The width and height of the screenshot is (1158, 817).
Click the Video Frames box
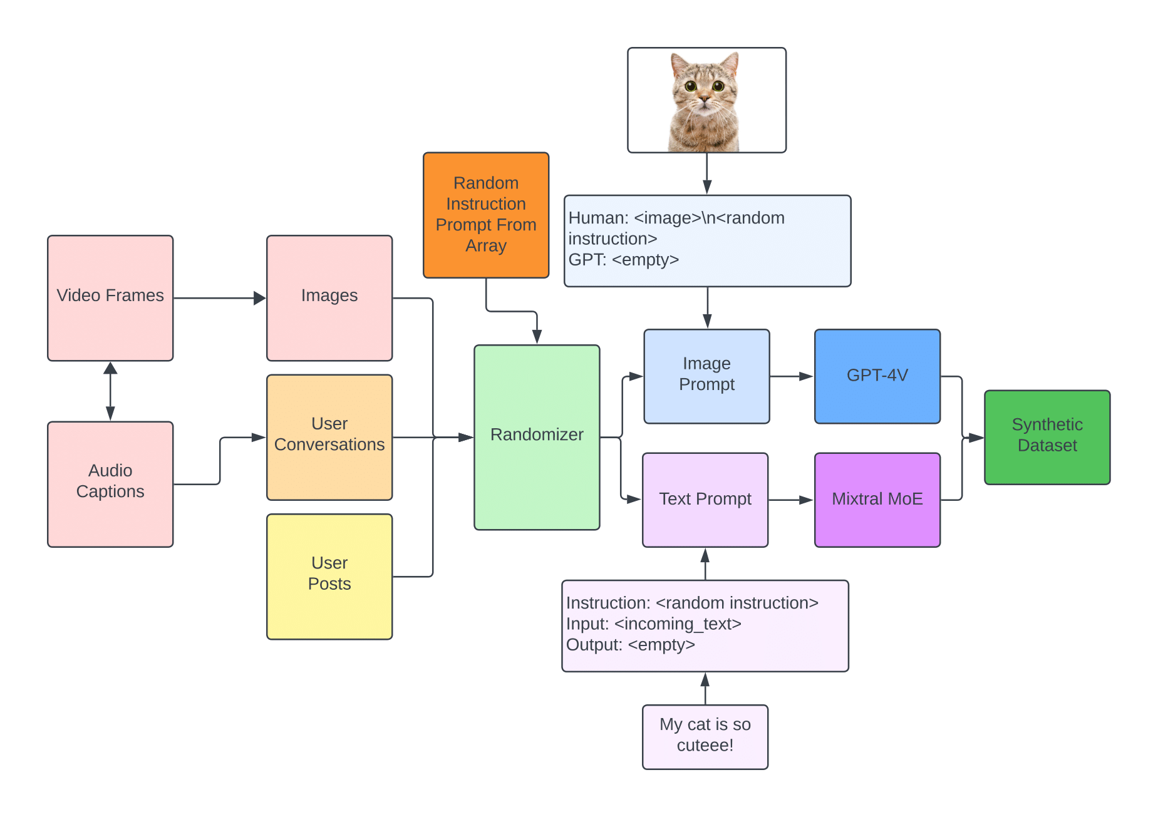110,298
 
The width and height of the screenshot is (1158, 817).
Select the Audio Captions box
110,484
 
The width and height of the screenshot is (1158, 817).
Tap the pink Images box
329,298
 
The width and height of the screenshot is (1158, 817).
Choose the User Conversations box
329,437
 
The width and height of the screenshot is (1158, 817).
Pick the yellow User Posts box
329,577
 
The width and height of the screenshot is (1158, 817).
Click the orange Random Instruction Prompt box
486,215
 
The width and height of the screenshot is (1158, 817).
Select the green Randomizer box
537,437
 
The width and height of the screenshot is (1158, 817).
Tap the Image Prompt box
706,376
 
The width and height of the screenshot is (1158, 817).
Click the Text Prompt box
705,500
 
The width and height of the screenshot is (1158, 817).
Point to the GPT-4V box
877,376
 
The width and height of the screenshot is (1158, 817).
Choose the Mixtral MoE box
877,500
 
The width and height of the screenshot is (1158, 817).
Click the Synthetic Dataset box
1047,437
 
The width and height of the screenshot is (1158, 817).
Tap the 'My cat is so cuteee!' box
705,737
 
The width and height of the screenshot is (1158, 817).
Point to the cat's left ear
679,63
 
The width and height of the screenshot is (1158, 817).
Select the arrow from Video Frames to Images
219,298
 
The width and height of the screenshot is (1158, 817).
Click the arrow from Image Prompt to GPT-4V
792,376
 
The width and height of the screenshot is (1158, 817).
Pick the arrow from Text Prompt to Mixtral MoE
791,500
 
